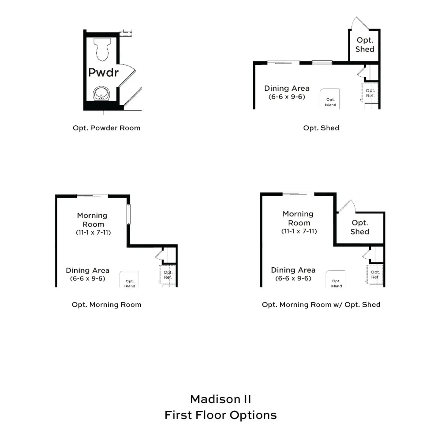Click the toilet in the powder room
click(102, 49)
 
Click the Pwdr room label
click(103, 72)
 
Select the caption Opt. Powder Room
click(106, 128)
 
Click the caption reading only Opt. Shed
click(321, 128)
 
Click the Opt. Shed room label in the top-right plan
click(365, 45)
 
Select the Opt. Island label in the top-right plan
click(330, 102)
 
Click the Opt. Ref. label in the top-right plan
click(370, 93)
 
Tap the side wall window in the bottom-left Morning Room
click(128, 214)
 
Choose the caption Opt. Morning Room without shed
click(106, 305)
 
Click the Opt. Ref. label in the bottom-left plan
click(168, 275)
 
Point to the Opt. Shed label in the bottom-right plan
click(360, 227)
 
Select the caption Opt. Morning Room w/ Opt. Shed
click(321, 305)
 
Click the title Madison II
click(220, 399)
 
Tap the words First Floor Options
click(220, 415)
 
